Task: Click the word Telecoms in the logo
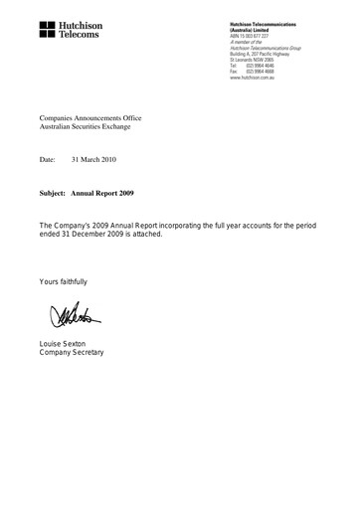click(x=79, y=34)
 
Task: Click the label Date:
click(x=50, y=159)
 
